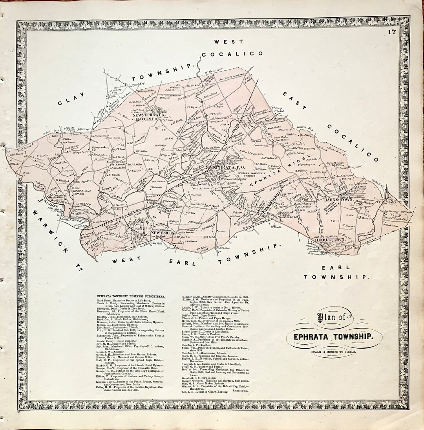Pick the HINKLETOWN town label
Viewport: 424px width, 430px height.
(x=334, y=239)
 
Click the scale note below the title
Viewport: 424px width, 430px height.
(x=332, y=351)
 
